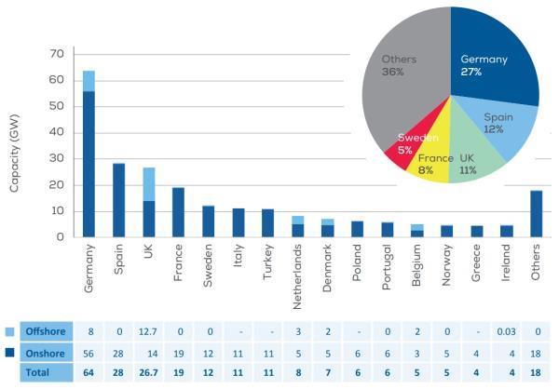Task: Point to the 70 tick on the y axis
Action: [55, 54]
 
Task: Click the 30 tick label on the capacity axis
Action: [55, 159]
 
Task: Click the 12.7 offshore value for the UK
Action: [148, 331]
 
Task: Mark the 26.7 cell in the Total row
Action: [148, 372]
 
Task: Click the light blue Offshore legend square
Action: [10, 331]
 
